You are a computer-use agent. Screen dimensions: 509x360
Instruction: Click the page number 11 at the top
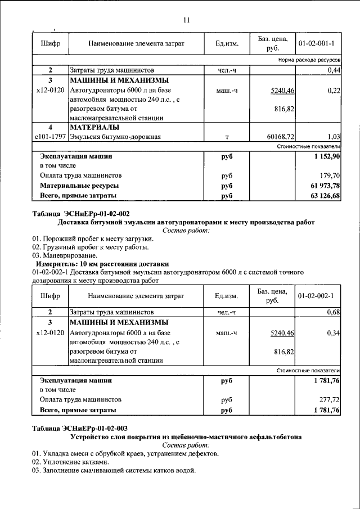point(187,21)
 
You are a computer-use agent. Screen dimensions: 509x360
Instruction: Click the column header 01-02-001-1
point(316,43)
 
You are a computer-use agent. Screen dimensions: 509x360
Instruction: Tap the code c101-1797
point(49,137)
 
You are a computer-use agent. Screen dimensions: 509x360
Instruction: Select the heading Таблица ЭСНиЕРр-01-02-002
point(81,214)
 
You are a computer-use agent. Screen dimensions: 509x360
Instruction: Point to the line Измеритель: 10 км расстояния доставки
point(102,263)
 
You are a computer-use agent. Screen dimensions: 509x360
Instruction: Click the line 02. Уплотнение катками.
point(75,462)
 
